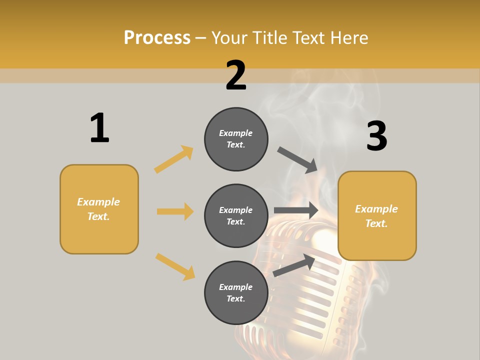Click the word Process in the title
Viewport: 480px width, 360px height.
pos(157,38)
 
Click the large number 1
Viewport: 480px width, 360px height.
pos(99,128)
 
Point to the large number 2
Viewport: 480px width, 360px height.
pos(236,75)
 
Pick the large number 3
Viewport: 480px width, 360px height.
pos(376,136)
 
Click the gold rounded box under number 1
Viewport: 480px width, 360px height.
pos(99,209)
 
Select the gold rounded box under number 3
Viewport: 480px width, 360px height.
pos(377,216)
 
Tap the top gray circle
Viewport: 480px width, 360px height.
pos(236,139)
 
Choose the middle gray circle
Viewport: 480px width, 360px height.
pos(236,216)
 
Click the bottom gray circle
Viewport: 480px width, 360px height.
pos(236,293)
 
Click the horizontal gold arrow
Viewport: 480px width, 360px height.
pos(175,211)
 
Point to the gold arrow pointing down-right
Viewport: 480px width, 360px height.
pos(175,266)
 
